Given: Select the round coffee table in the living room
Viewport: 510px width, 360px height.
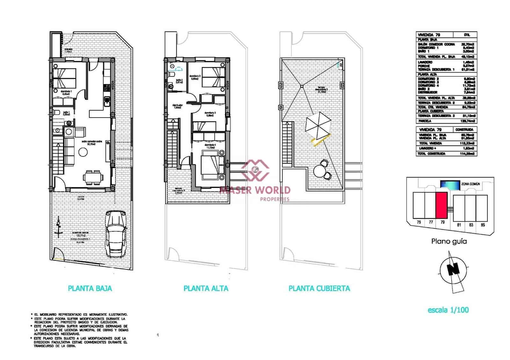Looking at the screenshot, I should pos(84,153).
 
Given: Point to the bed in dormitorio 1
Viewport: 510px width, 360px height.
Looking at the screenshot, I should pos(65,78).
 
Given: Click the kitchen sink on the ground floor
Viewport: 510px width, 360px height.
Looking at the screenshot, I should pos(106,101).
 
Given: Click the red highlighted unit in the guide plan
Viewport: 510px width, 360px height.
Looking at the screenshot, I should pos(441,205).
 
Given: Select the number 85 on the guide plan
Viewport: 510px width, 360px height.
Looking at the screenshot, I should pos(483,225).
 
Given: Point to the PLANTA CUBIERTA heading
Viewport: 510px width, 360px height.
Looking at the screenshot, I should pos(319,289).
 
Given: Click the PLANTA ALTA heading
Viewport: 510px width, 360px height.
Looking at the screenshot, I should pos(206,289).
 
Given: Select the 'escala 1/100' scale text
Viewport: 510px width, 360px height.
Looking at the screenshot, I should pos(448,310).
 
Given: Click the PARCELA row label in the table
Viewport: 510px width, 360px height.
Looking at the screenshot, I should pos(425,121).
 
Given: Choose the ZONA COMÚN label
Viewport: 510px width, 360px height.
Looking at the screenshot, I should pos(470,184).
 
